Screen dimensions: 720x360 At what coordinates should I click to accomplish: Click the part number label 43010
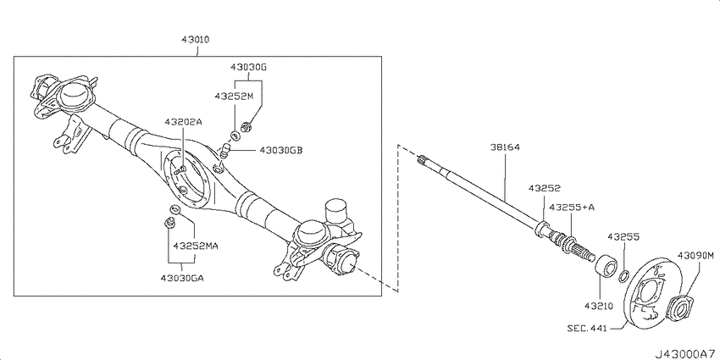195,40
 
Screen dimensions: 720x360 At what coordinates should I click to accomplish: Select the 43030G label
248,67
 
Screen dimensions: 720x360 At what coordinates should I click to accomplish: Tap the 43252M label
234,96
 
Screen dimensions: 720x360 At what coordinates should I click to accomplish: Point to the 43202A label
184,123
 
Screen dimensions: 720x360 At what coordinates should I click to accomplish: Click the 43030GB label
281,150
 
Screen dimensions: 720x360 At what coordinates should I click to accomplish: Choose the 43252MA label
195,246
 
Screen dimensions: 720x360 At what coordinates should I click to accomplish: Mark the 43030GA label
182,277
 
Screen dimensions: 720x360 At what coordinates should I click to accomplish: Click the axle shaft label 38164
504,148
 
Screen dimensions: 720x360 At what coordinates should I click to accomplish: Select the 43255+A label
572,207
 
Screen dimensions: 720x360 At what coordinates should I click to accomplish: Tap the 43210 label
601,306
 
